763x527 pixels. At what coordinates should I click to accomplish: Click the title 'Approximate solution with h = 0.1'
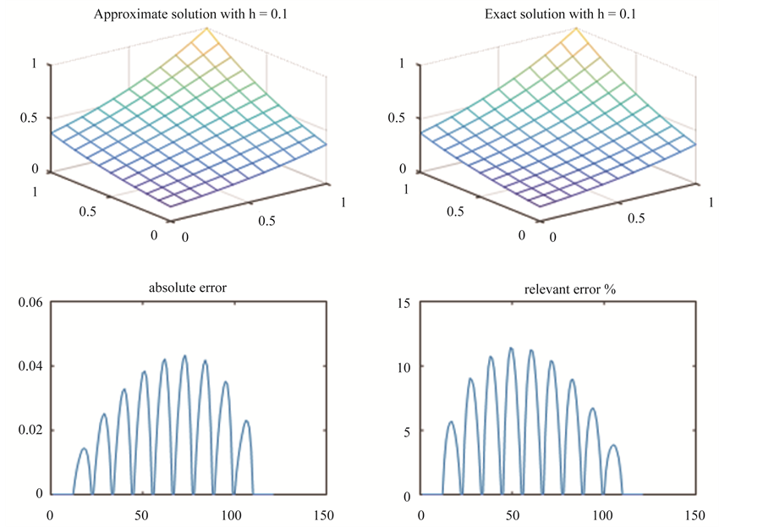click(x=187, y=14)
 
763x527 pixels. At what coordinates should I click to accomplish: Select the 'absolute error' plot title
click(x=187, y=288)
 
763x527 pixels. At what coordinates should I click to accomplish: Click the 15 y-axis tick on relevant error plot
click(x=403, y=303)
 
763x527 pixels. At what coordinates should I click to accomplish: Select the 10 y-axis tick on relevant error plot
click(x=403, y=366)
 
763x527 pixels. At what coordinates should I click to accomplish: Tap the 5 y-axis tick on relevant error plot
click(x=407, y=431)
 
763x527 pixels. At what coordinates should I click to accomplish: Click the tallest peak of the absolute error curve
click(x=184, y=356)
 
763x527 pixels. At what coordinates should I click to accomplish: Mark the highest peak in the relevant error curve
click(x=511, y=348)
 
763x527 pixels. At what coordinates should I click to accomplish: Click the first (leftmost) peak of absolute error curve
click(x=84, y=448)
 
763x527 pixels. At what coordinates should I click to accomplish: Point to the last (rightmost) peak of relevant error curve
click(x=612, y=445)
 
